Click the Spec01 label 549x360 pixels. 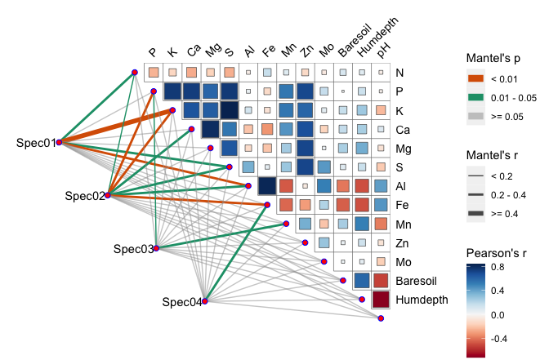35,143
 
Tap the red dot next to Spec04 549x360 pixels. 205,301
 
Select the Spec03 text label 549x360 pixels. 133,249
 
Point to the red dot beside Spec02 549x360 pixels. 107,195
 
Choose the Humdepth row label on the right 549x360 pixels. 422,300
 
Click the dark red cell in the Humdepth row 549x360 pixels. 380,300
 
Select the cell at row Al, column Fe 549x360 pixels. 266,185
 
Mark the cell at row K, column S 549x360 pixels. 229,109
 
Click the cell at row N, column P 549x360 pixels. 153,72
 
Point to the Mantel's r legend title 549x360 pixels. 495,155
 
